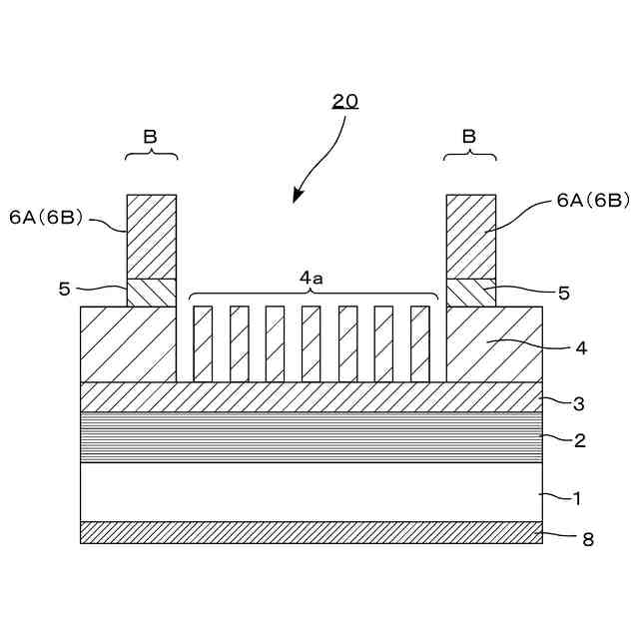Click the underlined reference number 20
(x=345, y=101)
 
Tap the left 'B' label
(x=152, y=135)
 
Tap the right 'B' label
(x=470, y=135)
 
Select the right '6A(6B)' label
(x=592, y=201)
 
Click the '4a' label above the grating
(x=312, y=280)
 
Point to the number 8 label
(x=588, y=539)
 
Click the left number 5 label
(x=65, y=290)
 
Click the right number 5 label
(x=563, y=294)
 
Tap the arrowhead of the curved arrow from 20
(x=297, y=196)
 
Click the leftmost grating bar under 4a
(x=203, y=343)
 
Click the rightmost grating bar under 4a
(x=419, y=343)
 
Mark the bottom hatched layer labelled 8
(x=312, y=532)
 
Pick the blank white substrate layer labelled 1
(x=312, y=491)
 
